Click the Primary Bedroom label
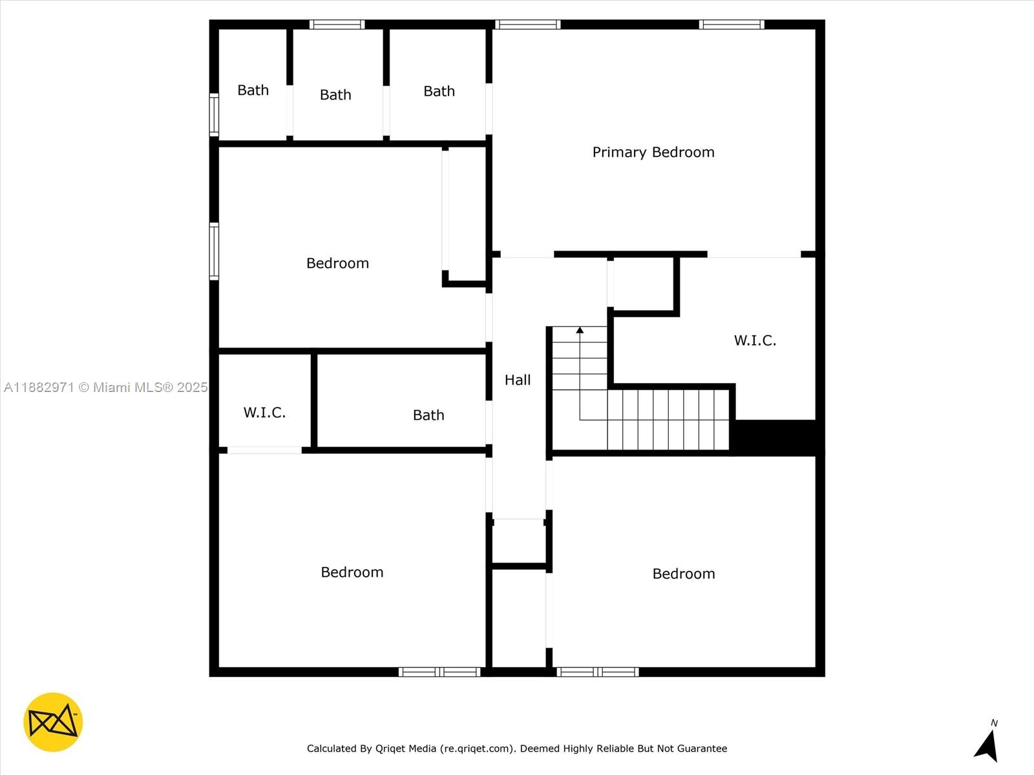pyautogui.click(x=653, y=152)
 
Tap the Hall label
pyautogui.click(x=518, y=380)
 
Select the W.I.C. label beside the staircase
pyautogui.click(x=755, y=340)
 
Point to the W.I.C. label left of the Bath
pyautogui.click(x=264, y=413)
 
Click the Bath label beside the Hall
pyautogui.click(x=428, y=415)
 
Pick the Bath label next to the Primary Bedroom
pyautogui.click(x=439, y=91)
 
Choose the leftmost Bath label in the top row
pyautogui.click(x=253, y=90)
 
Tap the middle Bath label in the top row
pyautogui.click(x=335, y=94)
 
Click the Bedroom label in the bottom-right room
pyautogui.click(x=684, y=573)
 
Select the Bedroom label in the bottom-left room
pyautogui.click(x=352, y=572)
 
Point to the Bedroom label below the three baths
pyautogui.click(x=337, y=263)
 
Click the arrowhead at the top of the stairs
pyautogui.click(x=580, y=330)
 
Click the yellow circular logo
pyautogui.click(x=53, y=722)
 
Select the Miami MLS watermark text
pyautogui.click(x=105, y=387)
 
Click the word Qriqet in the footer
pyautogui.click(x=389, y=748)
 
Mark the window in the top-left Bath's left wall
pyautogui.click(x=214, y=115)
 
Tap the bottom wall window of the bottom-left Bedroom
pyautogui.click(x=439, y=672)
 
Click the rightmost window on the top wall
pyautogui.click(x=732, y=25)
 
